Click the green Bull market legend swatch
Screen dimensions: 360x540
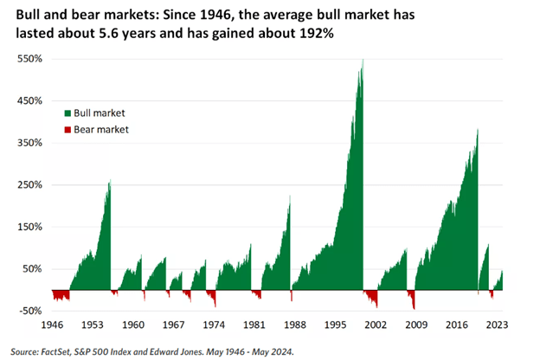point(67,112)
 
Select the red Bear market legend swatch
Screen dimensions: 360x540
point(67,130)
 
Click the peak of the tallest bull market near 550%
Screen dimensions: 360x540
point(363,61)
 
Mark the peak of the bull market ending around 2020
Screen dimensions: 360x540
point(478,131)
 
